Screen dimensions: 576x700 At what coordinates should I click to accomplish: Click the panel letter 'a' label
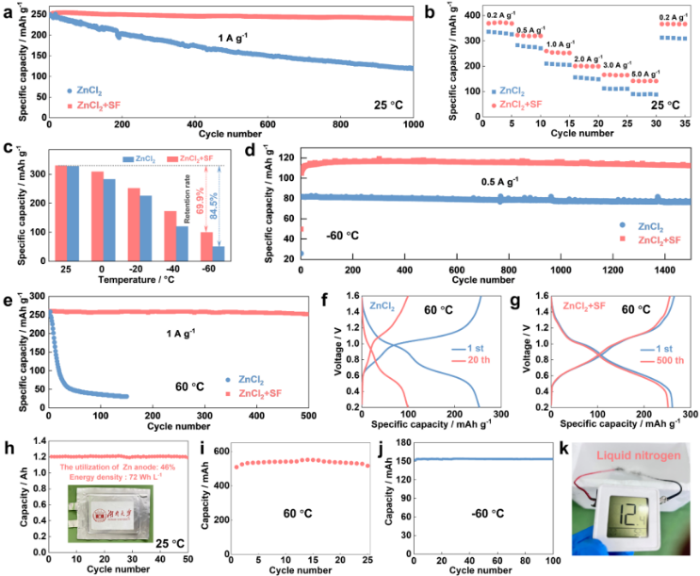click(8, 8)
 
